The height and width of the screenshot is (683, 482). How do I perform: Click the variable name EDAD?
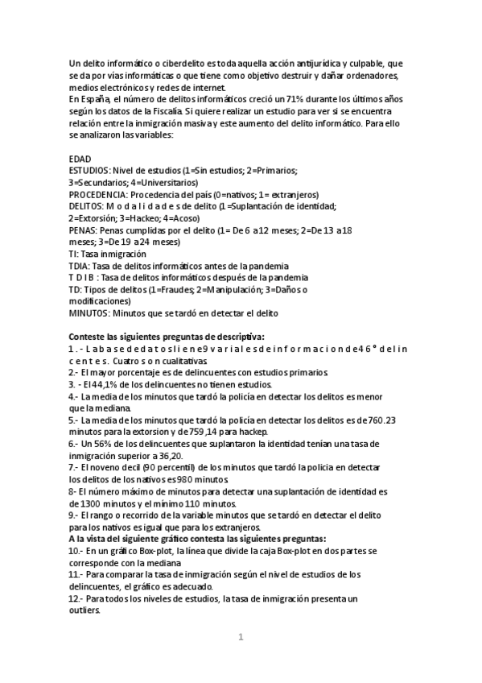80,159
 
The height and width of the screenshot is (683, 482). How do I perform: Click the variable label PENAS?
83,230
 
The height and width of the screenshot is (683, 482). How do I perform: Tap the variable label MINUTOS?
89,313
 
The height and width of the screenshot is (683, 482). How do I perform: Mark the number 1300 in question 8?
89,503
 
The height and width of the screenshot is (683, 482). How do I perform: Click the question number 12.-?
76,598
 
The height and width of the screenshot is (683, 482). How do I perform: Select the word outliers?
84,611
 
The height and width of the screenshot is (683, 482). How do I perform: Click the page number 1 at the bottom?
241,638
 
